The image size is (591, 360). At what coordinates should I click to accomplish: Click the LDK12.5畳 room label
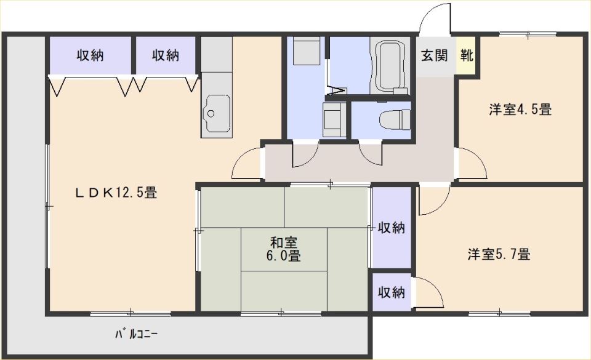(x=116, y=193)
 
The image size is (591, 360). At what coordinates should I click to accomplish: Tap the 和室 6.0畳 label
(x=283, y=249)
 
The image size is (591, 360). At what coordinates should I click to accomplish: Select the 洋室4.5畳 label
(x=520, y=110)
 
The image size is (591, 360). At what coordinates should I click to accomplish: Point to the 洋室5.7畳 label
(x=499, y=254)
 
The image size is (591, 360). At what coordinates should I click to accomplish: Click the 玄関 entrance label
(x=434, y=55)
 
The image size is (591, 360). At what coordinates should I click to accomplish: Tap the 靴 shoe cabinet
(x=466, y=55)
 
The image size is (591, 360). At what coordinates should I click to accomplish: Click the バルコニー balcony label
(x=137, y=334)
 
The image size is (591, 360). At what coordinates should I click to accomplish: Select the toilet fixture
(x=395, y=119)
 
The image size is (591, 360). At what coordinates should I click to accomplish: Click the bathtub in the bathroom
(x=390, y=65)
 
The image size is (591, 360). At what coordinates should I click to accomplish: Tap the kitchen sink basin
(x=216, y=113)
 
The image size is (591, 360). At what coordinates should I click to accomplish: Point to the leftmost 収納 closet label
(x=90, y=55)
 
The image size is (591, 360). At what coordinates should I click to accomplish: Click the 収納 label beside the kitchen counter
(x=166, y=55)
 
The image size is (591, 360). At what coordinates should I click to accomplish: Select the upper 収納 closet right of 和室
(x=392, y=228)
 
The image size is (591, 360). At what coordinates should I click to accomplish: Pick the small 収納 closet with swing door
(x=392, y=292)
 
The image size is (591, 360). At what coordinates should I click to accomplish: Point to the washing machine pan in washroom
(x=306, y=50)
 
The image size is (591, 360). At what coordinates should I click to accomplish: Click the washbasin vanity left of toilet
(x=334, y=119)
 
